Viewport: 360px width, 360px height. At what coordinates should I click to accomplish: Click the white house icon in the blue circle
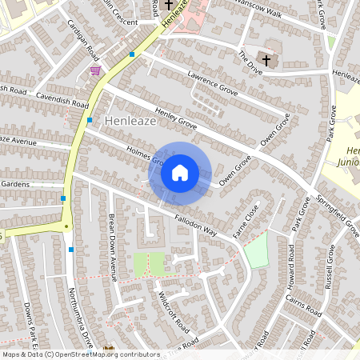pos(180,172)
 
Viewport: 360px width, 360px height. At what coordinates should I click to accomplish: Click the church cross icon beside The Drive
pos(266,61)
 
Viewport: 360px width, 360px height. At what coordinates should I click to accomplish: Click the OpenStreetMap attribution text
pos(80,354)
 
